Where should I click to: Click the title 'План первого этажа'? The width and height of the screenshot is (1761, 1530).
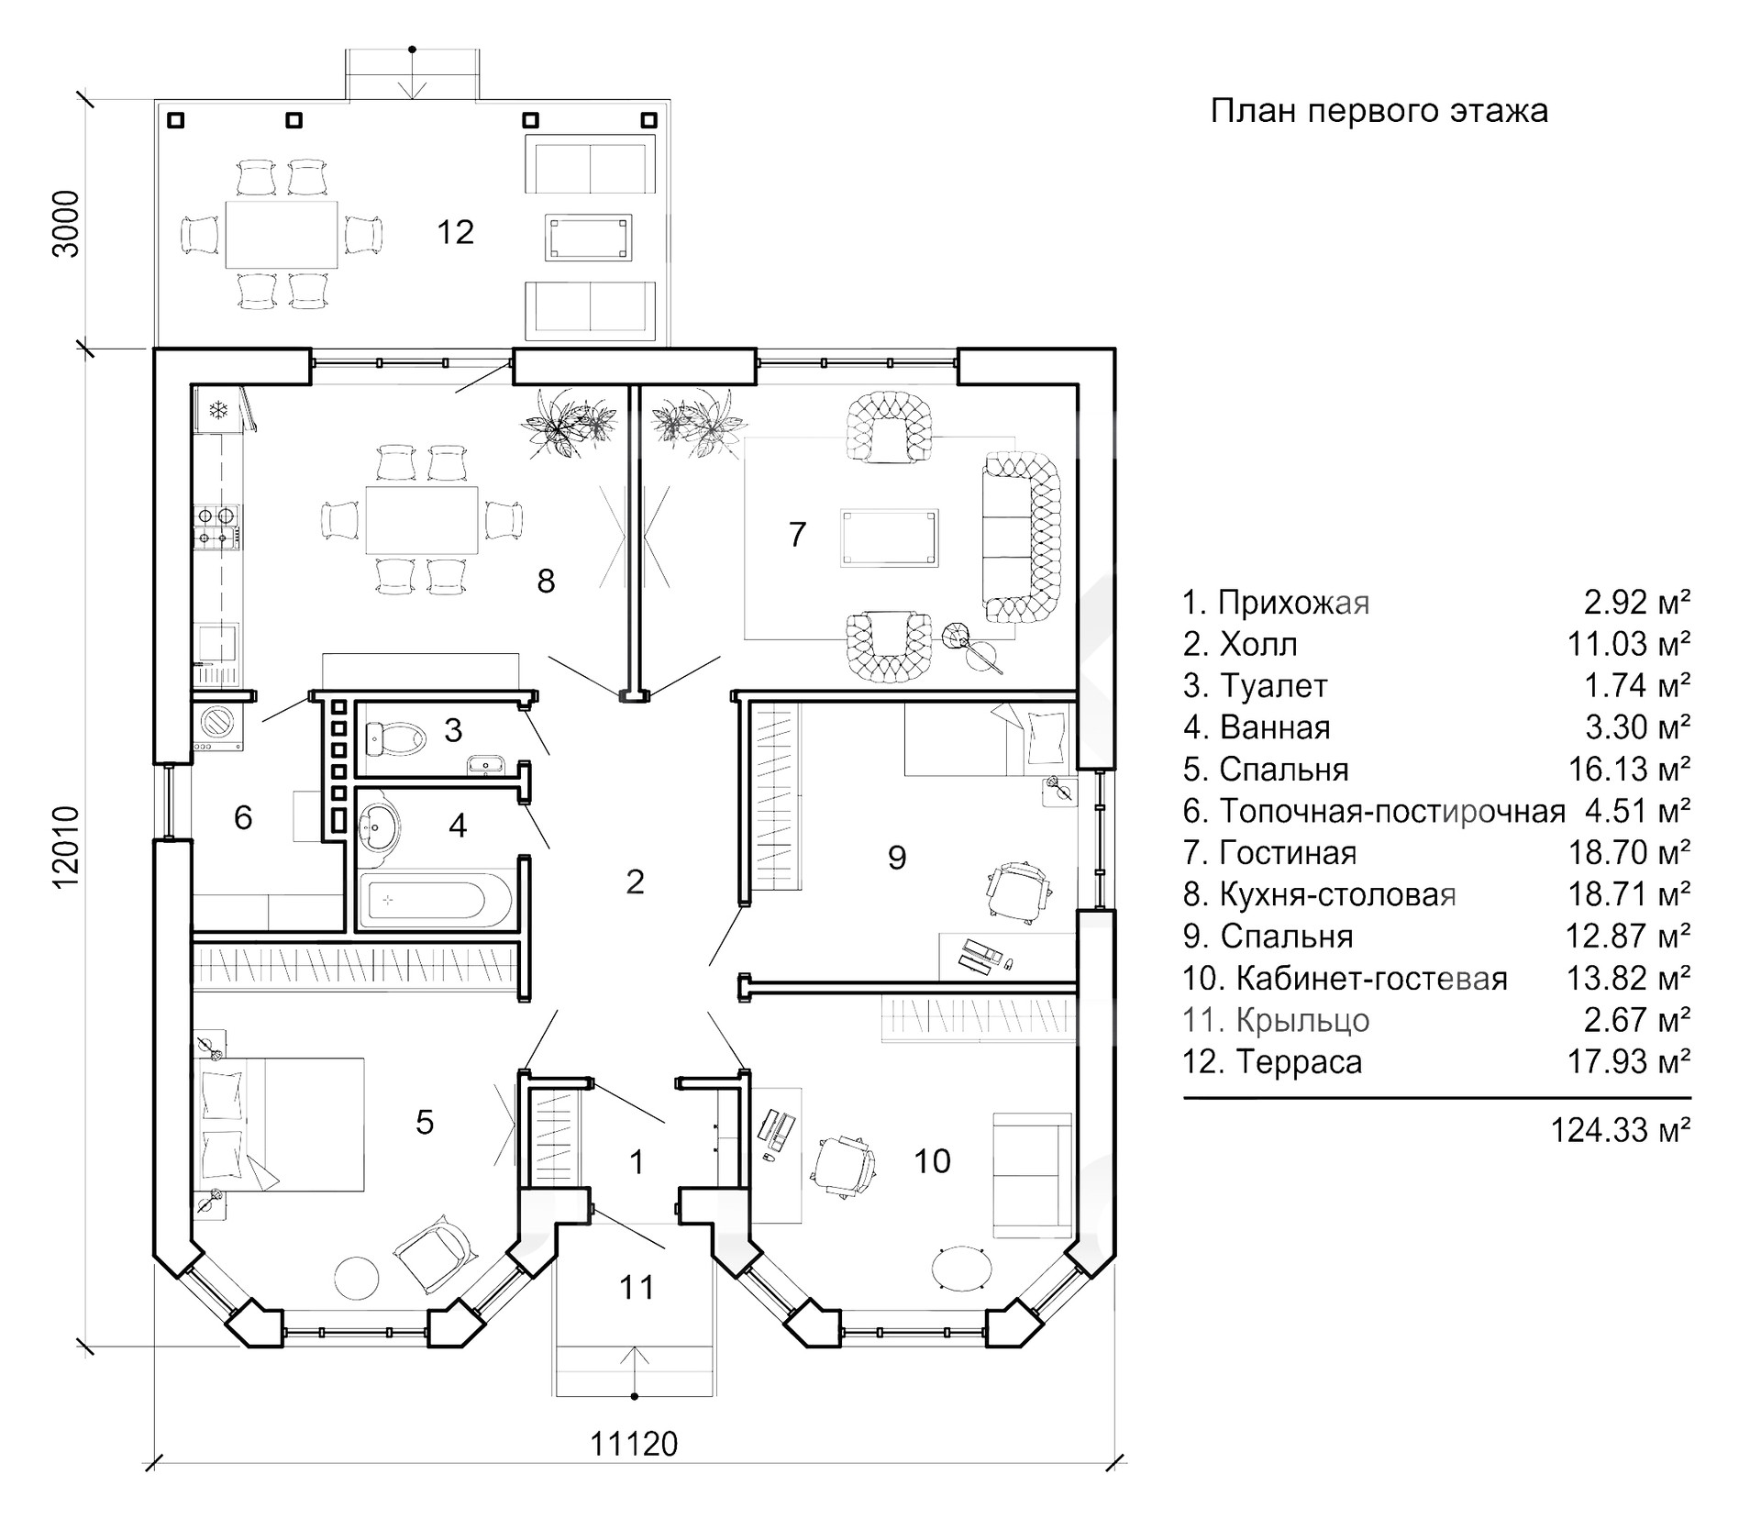click(x=1379, y=111)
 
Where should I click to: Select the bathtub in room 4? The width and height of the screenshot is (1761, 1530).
click(x=422, y=900)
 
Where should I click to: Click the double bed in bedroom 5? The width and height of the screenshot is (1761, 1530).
click(x=280, y=1124)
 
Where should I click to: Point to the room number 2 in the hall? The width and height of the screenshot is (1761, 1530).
click(x=635, y=882)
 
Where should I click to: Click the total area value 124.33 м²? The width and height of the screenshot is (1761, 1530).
click(x=1620, y=1130)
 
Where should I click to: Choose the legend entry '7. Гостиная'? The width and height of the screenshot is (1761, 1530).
click(x=1269, y=853)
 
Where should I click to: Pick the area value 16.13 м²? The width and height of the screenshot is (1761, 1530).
click(x=1629, y=770)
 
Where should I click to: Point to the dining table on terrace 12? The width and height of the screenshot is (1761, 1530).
click(x=282, y=233)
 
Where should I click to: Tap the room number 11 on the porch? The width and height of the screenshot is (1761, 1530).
click(x=636, y=1288)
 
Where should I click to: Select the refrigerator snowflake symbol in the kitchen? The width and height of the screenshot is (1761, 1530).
click(x=218, y=409)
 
